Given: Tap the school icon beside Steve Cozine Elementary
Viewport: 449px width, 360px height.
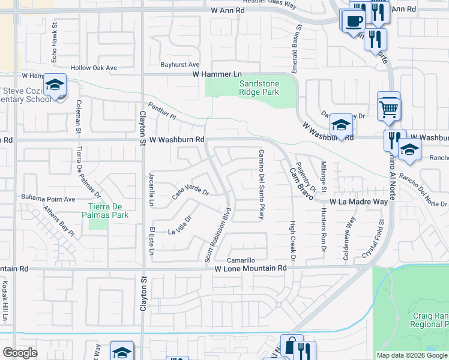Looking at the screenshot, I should [55, 86].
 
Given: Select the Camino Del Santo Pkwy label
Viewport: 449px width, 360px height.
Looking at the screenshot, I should [261, 184].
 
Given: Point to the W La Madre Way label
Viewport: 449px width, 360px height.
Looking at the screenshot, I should [358, 202].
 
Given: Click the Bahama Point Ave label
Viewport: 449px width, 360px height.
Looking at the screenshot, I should [48, 198].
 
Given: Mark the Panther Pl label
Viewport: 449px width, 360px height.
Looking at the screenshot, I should [164, 111].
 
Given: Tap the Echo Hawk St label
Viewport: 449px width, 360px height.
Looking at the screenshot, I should [54, 44].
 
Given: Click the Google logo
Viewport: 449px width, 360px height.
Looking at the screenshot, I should [20, 353].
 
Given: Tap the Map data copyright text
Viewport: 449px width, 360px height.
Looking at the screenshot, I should [411, 355].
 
